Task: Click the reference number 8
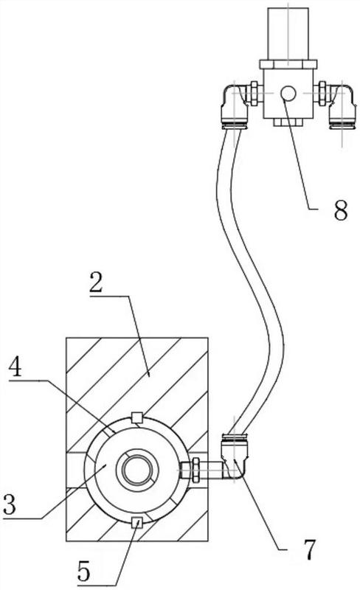[x=340, y=210]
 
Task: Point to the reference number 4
[x=15, y=367]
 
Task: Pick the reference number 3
[x=10, y=504]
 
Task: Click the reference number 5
[x=83, y=571]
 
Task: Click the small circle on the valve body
[x=288, y=94]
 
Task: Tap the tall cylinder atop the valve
[x=288, y=34]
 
